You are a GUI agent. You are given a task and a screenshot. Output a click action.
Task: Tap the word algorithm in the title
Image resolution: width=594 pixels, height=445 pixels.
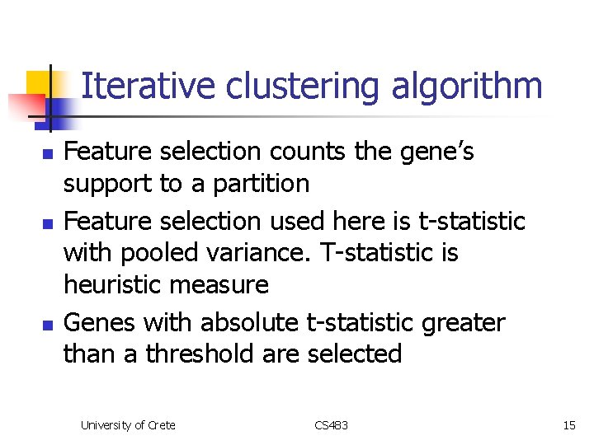[x=467, y=87]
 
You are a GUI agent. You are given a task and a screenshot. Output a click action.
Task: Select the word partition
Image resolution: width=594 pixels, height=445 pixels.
[x=262, y=184]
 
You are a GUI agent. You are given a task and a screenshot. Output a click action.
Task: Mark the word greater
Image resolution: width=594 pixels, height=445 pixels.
[x=463, y=323]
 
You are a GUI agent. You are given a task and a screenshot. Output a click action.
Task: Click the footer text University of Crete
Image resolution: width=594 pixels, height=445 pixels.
[x=128, y=425]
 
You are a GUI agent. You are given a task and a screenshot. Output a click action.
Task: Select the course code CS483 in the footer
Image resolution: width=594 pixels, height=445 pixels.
[x=332, y=425]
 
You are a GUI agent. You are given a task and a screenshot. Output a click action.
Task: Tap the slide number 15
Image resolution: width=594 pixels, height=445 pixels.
[x=569, y=425]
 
